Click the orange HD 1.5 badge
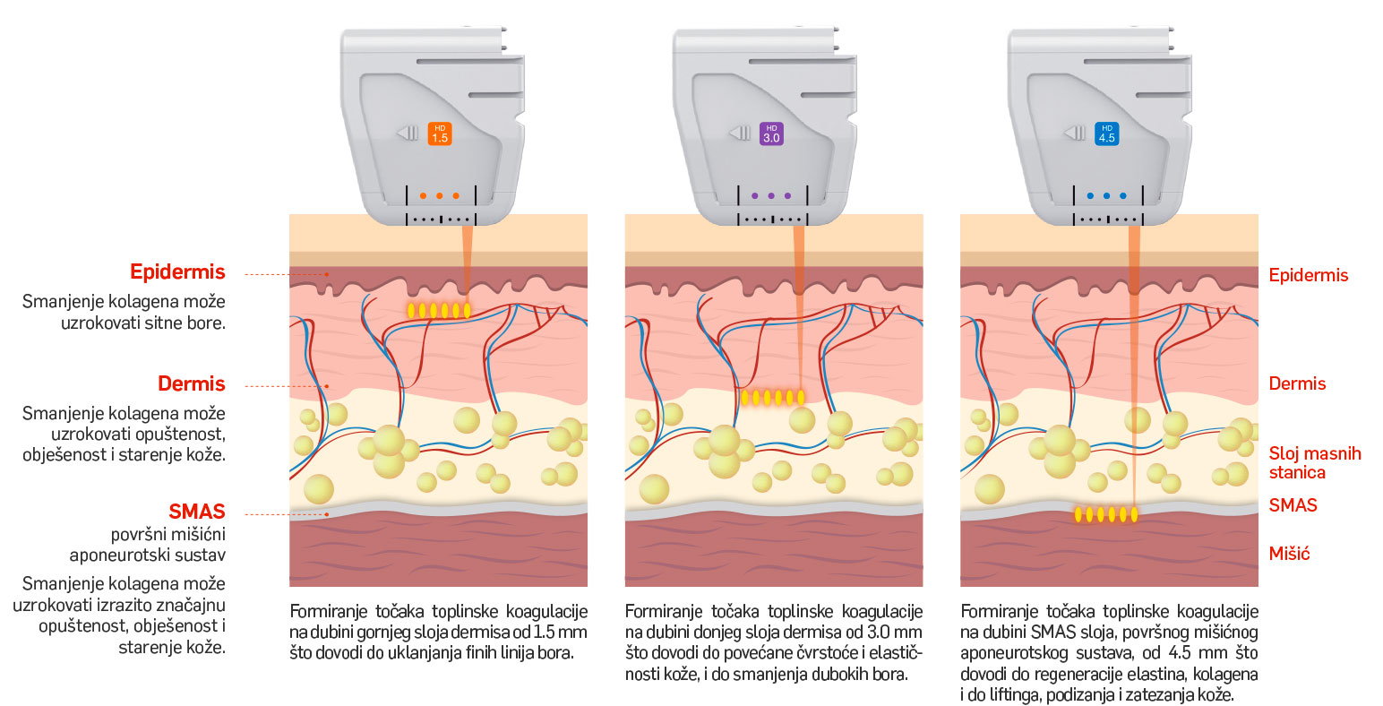439,134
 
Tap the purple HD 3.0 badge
771,134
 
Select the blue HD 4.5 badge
1106,134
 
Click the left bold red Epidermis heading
177,272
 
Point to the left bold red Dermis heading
191,384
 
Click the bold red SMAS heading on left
197,512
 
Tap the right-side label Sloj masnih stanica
1314,463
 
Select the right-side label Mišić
1289,554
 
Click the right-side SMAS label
1293,505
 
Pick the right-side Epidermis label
1308,275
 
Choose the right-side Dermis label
1297,384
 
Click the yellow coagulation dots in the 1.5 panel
439,311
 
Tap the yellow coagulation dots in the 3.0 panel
773,397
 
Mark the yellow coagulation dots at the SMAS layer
1106,514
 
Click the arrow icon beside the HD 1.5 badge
408,133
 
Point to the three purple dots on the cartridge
771,195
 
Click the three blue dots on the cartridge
1106,195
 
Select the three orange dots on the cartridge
439,195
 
